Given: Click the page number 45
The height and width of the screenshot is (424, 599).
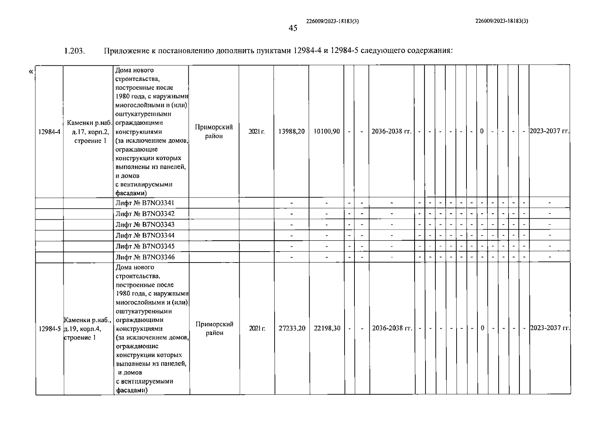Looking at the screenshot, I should pos(293,28).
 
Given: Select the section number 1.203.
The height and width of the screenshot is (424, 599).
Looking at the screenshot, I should pos(75,51).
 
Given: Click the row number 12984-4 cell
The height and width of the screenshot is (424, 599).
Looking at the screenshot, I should pos(49,132).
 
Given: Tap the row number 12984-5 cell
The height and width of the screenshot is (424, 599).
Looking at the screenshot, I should pos(50,329).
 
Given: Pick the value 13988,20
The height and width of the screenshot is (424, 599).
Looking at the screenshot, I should pos(292,131).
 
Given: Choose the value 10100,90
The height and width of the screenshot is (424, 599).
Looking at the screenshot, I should pos(327,131).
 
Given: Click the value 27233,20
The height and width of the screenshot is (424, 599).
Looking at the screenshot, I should pos(292,328).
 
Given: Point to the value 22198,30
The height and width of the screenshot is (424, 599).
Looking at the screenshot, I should pos(327,328).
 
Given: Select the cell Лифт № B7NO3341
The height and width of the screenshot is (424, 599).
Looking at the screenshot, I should pos(145,203).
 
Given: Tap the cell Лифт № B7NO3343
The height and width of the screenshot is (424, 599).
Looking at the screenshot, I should pos(145,225).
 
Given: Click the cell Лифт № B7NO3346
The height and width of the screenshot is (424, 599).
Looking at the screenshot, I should pos(145,257).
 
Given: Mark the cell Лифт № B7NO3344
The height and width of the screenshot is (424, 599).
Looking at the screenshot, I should pos(145,236).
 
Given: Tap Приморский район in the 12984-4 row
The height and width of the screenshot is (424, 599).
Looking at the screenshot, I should pos(214,132).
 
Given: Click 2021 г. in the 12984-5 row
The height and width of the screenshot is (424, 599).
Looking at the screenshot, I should pos(257,329).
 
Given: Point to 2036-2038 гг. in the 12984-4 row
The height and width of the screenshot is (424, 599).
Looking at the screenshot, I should pos(392,131).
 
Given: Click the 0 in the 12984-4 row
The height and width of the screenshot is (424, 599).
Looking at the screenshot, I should pos(482,131).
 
